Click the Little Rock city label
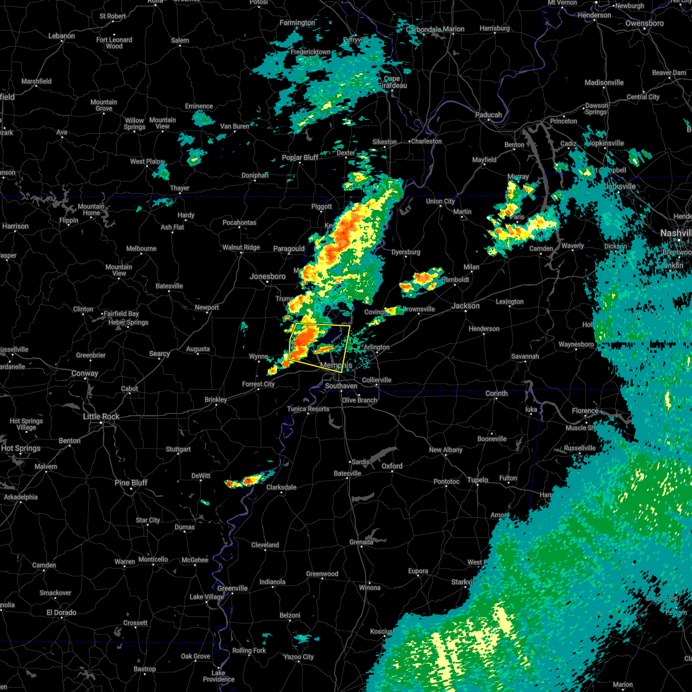101,416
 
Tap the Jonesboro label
268,276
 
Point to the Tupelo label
477,480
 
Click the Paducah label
488,115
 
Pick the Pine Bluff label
131,483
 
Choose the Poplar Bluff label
300,157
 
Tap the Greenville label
232,588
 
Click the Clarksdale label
281,487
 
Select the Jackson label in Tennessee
465,306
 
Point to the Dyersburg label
405,252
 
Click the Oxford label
392,466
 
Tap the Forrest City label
258,384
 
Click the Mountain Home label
91,209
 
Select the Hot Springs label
21,448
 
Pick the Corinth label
497,393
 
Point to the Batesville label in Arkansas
169,286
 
